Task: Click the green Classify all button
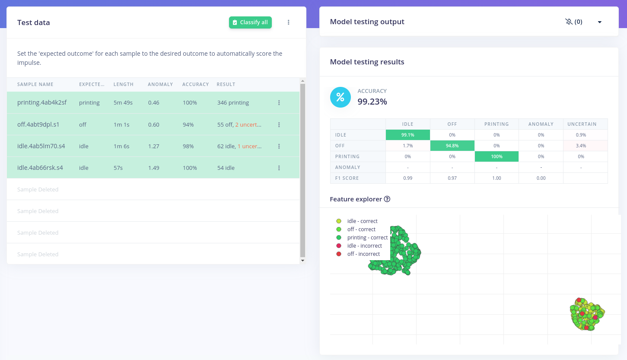250,22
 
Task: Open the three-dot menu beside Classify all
289,22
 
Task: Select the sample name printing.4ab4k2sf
42,102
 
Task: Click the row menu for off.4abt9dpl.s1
279,124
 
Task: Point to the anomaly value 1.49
154,168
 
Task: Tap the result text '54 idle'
226,168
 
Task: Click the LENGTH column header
124,84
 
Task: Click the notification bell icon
569,22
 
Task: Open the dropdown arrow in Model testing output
600,22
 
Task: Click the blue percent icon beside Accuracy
340,97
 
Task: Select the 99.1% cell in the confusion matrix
407,135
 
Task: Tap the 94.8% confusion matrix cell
452,146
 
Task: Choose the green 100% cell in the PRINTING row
497,156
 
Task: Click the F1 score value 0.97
452,178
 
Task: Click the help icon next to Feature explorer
387,199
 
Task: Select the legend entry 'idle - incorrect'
364,246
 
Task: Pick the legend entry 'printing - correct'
367,238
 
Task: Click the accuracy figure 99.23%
372,102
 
